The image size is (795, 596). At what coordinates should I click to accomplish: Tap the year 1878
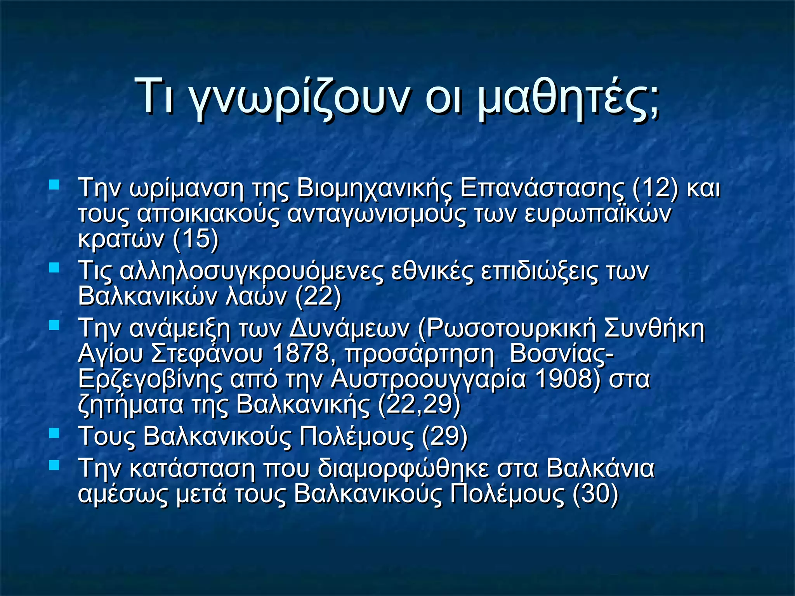[301, 353]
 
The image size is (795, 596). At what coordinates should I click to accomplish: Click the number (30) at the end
[595, 494]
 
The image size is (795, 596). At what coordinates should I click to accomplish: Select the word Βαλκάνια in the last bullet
[600, 468]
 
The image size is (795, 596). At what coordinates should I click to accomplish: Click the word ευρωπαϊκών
[597, 214]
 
